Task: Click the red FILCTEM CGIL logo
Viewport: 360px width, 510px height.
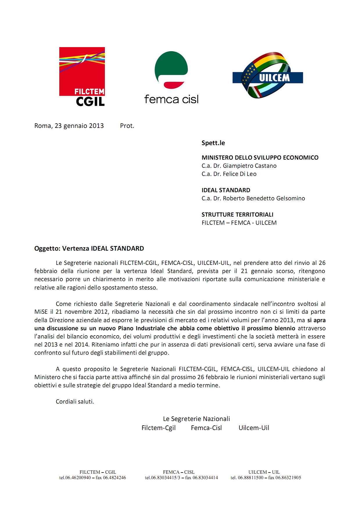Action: point(82,76)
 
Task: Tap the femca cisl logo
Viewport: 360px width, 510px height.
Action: point(171,78)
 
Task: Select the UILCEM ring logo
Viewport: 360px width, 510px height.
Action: point(268,75)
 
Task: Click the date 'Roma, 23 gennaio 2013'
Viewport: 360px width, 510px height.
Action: point(69,126)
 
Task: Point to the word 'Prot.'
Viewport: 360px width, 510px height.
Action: point(127,126)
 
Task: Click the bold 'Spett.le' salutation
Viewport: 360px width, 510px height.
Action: point(213,143)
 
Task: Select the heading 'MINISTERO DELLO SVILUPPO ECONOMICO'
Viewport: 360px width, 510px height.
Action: point(260,158)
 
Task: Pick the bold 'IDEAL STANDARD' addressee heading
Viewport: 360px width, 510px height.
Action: point(226,190)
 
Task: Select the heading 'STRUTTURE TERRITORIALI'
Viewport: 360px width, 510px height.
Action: point(237,215)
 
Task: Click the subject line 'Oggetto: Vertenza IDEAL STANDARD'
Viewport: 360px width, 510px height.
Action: point(89,249)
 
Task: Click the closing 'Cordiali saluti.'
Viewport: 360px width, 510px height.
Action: point(75,402)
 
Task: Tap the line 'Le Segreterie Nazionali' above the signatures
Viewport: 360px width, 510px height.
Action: point(196,419)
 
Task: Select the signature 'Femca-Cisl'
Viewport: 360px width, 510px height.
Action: point(206,428)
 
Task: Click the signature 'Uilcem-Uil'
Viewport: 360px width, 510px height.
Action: point(254,428)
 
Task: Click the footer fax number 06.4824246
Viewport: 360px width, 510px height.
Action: point(114,478)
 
